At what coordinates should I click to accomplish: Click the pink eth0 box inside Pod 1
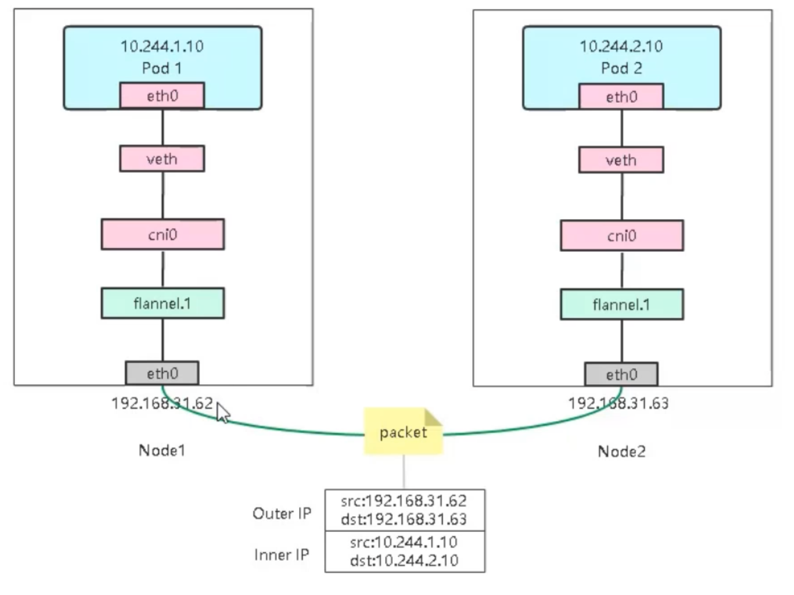pos(162,96)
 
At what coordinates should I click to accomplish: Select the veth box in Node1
pos(162,159)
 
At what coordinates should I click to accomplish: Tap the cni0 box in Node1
pos(163,235)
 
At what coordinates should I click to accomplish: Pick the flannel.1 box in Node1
pos(163,303)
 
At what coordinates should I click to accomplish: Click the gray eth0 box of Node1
pos(162,373)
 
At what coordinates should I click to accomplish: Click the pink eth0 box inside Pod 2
pos(621,97)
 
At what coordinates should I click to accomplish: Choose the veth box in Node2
pos(621,160)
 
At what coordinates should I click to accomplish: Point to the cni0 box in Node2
pos(622,236)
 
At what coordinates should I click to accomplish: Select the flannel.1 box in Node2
pos(622,305)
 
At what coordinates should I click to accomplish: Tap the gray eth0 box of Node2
pos(621,374)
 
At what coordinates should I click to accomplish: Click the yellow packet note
pos(404,431)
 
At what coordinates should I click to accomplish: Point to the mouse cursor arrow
pos(223,413)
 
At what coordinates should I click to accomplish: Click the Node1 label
pos(162,451)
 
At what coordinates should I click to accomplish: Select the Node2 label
pos(621,452)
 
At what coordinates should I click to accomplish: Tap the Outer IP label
pos(282,514)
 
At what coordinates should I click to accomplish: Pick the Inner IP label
pos(282,555)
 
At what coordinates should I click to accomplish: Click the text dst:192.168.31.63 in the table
pos(404,520)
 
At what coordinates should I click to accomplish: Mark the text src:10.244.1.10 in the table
pos(404,542)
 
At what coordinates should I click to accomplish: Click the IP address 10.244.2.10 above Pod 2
pos(621,46)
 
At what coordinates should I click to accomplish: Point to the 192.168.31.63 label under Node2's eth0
pos(618,403)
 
